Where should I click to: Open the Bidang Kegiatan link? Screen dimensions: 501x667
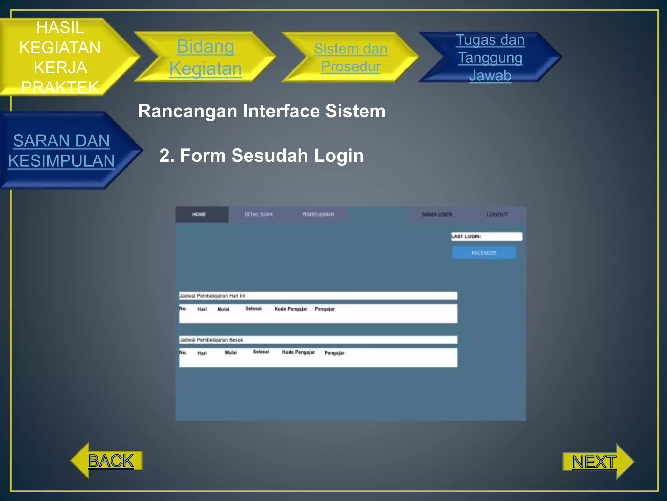(206, 57)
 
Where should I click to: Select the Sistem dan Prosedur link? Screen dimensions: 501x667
(350, 57)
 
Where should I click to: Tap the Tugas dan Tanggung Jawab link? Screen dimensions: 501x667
(490, 57)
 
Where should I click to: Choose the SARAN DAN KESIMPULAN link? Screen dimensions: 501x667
(62, 151)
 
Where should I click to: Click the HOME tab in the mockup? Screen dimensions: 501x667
(199, 215)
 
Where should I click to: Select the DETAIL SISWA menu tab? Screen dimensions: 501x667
(259, 215)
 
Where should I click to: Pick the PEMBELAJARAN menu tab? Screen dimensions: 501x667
(318, 215)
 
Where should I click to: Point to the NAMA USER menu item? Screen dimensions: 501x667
(437, 215)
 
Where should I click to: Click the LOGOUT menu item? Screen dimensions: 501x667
(497, 215)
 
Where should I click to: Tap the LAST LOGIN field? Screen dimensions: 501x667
(487, 236)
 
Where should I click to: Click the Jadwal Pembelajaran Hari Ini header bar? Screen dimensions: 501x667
(318, 296)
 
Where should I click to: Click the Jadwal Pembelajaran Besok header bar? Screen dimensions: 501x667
(318, 340)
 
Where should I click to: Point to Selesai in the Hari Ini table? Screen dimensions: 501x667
(253, 309)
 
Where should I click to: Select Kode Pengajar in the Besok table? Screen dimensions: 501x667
(298, 352)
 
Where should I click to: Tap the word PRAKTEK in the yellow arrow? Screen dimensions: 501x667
(60, 87)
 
